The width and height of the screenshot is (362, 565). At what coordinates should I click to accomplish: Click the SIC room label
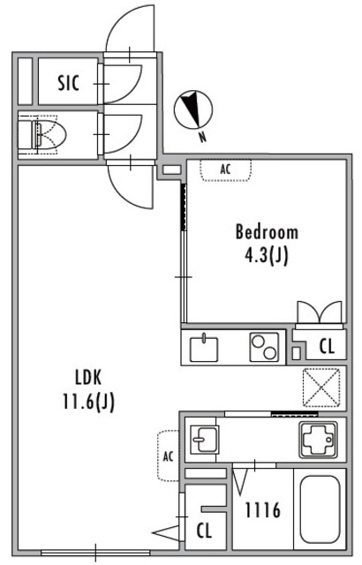69,82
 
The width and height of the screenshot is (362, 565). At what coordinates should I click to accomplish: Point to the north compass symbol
193,109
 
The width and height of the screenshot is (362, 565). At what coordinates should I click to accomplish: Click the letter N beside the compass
203,137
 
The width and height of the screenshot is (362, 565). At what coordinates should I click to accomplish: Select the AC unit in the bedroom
226,169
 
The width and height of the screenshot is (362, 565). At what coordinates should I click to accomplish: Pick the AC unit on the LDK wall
169,456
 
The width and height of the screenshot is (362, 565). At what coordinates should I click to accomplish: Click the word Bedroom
267,232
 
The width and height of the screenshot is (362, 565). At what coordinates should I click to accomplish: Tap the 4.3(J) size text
267,256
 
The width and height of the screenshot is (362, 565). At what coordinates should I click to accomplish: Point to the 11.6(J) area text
88,402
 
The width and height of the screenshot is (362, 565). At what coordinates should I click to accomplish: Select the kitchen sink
204,348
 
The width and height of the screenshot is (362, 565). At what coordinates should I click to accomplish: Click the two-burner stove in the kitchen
264,347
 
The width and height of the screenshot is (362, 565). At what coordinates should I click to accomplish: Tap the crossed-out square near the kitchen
321,388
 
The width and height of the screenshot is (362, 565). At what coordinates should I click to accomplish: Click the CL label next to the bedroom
327,346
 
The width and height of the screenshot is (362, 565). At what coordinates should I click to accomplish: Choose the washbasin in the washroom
204,439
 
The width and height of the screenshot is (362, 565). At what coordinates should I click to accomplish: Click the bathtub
321,509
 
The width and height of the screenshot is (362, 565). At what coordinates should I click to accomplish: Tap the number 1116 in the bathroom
262,510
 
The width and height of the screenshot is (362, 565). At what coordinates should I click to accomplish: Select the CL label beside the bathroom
204,531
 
